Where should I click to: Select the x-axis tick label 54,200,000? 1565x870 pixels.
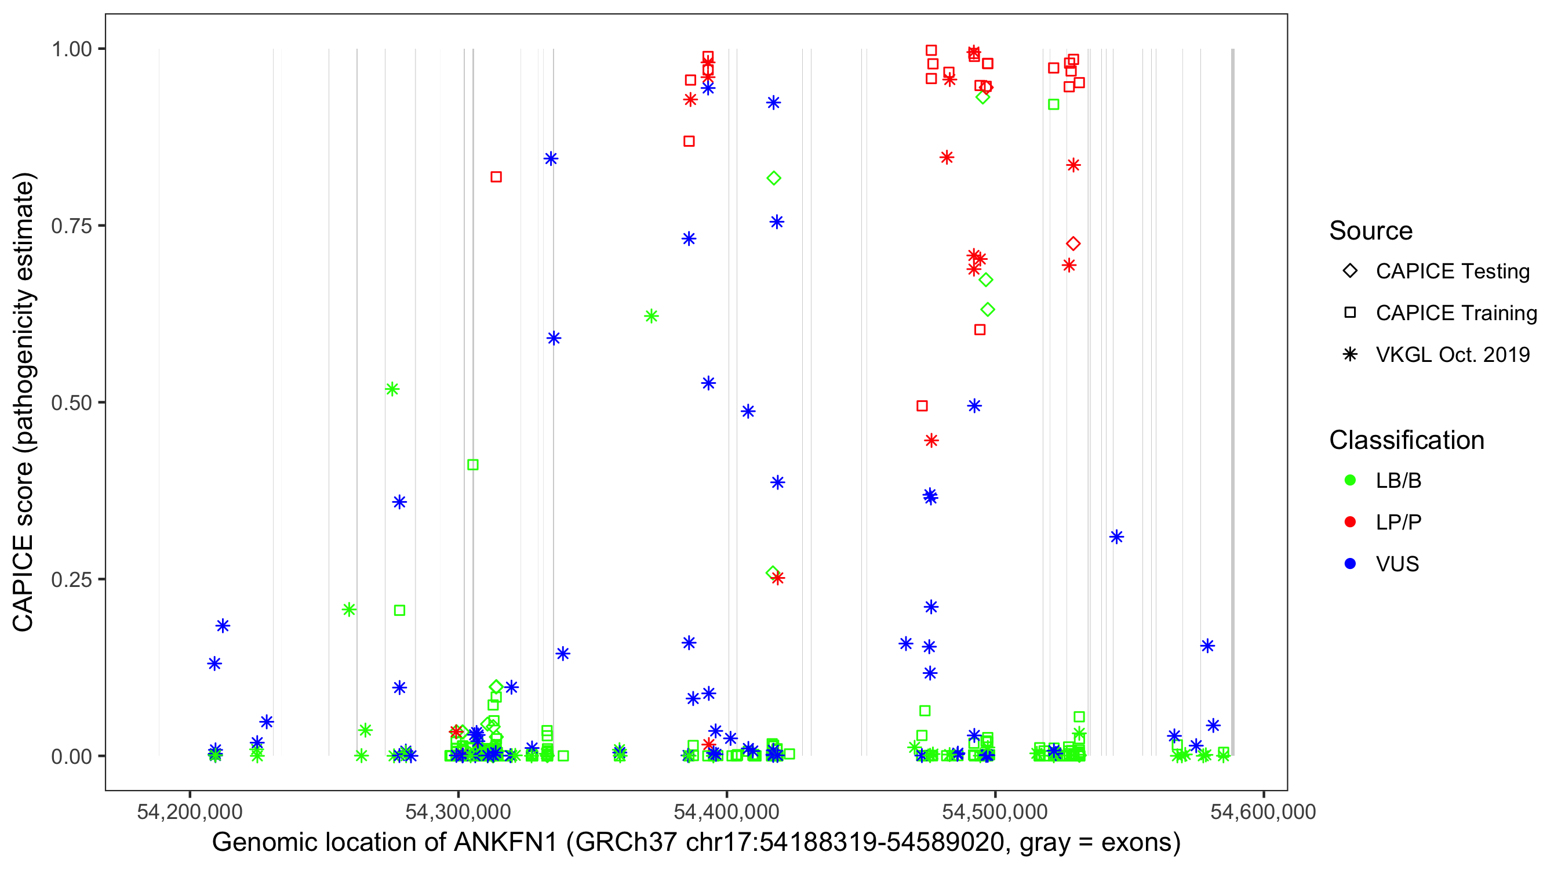tap(190, 811)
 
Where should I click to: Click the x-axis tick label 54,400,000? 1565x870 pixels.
tap(727, 811)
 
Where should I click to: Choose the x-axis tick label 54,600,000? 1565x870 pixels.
tap(1263, 811)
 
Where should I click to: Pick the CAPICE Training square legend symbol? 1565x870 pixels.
tap(1350, 313)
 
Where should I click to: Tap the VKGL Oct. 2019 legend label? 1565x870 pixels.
tap(1453, 355)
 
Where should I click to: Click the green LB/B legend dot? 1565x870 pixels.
tap(1350, 480)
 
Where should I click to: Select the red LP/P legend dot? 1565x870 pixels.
tap(1350, 522)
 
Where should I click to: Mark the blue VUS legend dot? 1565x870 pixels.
tap(1350, 564)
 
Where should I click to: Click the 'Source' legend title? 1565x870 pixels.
tap(1371, 231)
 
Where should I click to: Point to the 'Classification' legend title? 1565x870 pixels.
tap(1406, 440)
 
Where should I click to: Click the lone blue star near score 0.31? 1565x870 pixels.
tap(1116, 537)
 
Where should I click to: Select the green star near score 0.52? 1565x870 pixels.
tap(392, 389)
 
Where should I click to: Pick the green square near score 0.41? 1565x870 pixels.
tap(472, 465)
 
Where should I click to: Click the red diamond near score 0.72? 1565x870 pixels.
tap(1073, 244)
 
